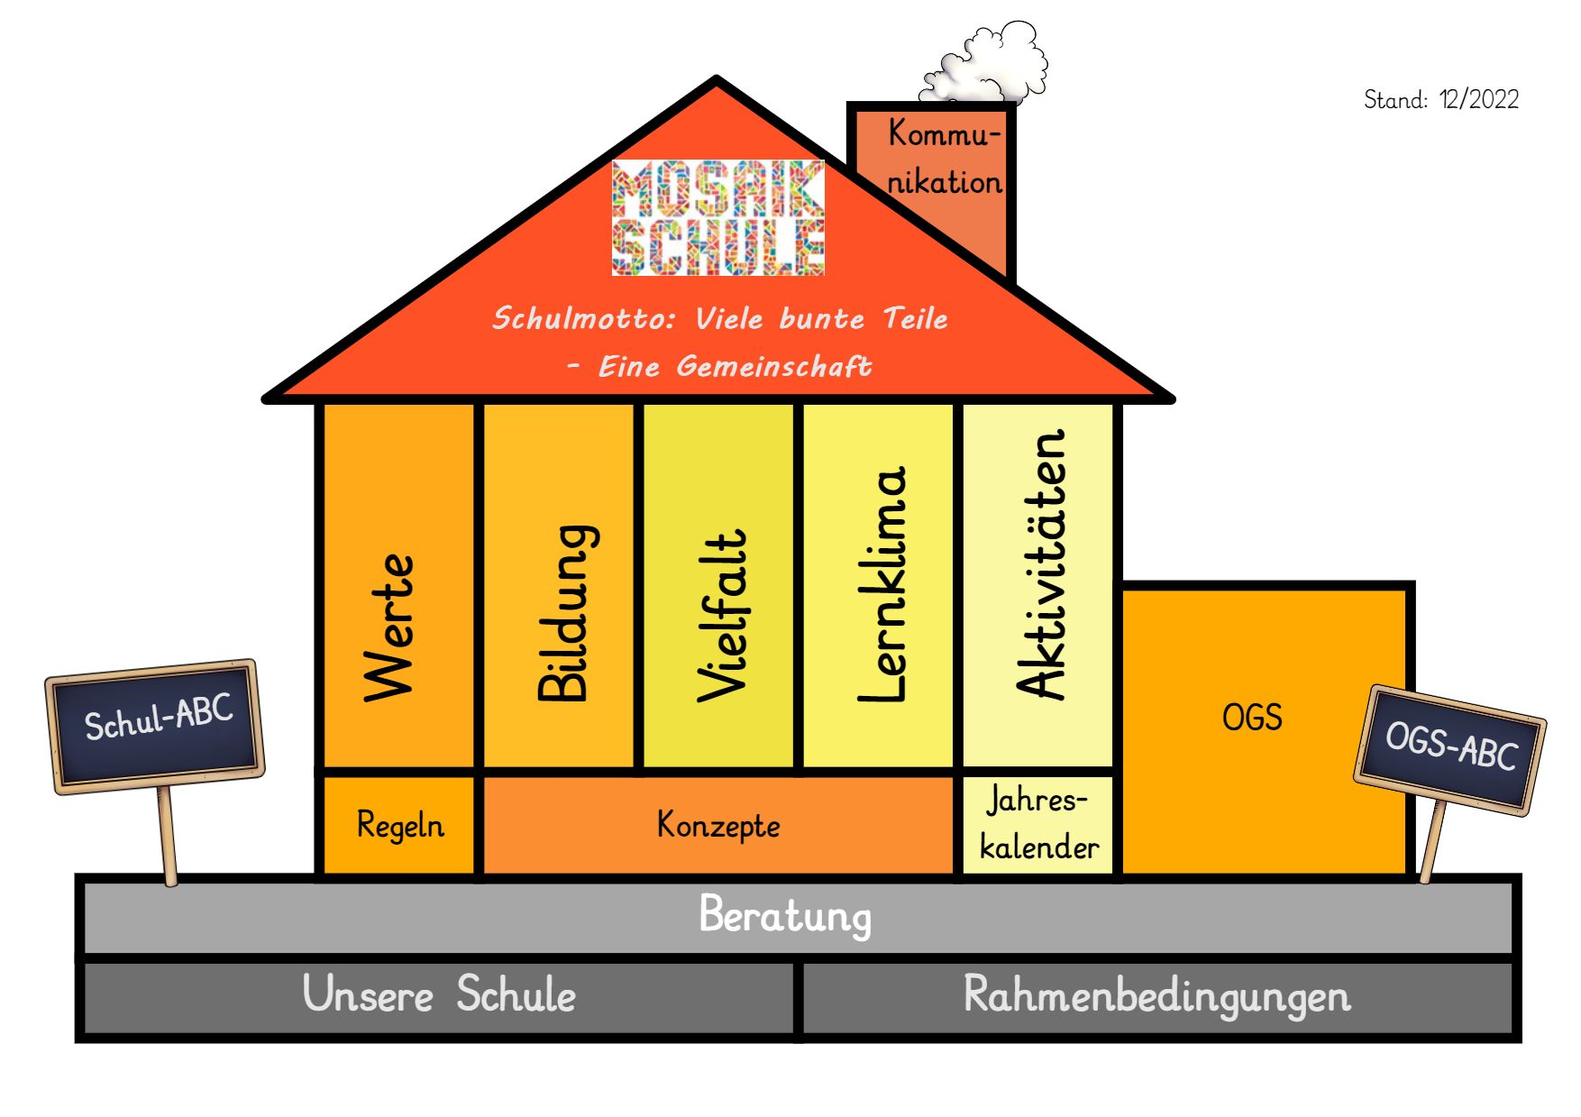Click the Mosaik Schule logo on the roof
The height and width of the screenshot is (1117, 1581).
click(717, 217)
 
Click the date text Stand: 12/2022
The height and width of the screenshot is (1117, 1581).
click(1440, 99)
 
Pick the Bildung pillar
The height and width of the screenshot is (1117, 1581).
click(559, 586)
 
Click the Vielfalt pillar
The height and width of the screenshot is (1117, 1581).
click(718, 586)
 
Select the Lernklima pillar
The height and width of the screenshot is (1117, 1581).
click(878, 586)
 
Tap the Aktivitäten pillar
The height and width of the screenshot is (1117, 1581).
click(1038, 586)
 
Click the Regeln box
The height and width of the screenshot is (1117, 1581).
click(399, 825)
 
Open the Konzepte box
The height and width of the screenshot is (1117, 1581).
click(717, 825)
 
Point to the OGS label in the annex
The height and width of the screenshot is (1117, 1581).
click(1251, 718)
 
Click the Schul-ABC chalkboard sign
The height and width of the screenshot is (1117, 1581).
click(157, 721)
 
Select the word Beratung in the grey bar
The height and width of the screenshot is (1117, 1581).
click(785, 916)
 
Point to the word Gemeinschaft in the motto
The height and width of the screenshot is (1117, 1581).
click(773, 366)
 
